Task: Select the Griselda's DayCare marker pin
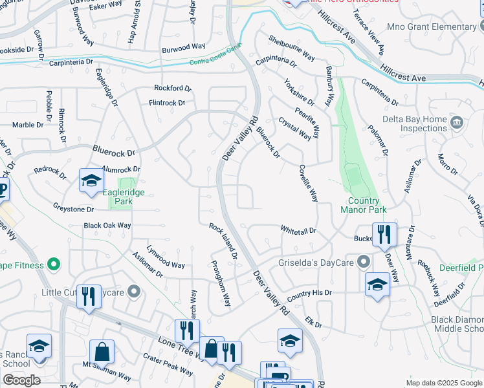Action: coord(363,262)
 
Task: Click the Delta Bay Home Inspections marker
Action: coord(457,122)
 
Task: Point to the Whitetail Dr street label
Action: coord(298,230)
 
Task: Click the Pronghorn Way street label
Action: coord(221,283)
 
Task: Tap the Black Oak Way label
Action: coord(107,226)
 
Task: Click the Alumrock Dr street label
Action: coord(120,169)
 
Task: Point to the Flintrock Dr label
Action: coord(167,103)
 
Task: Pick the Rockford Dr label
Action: coord(173,88)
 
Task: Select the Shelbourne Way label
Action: coord(291,48)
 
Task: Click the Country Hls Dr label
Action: coord(309,294)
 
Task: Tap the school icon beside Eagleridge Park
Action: coord(91,180)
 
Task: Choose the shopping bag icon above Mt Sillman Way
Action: coord(102,352)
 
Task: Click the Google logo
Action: coord(21,380)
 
